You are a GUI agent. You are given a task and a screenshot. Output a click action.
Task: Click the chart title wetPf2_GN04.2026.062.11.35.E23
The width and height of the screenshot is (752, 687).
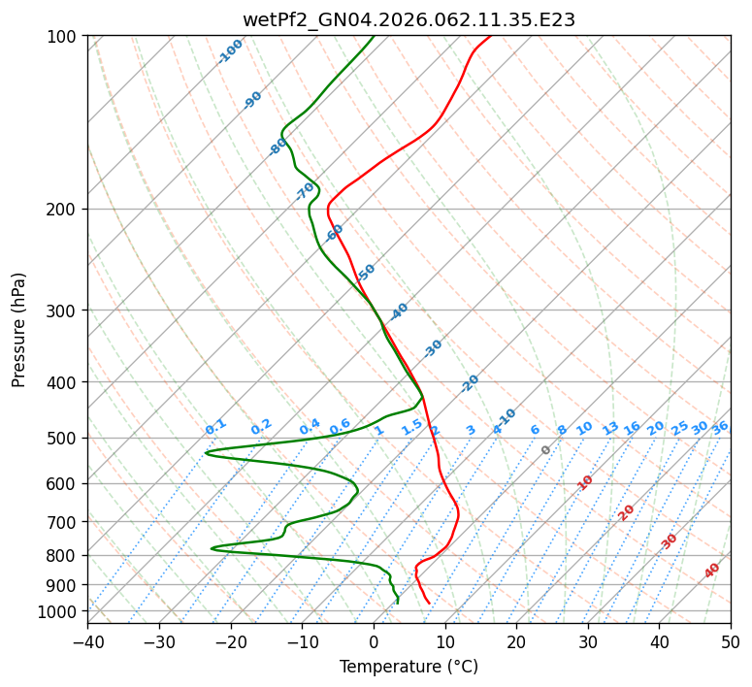(409, 18)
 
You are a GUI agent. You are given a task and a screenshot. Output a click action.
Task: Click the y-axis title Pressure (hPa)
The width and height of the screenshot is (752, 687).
(18, 329)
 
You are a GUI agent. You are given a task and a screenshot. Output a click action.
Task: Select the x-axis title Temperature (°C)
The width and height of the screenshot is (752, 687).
(409, 667)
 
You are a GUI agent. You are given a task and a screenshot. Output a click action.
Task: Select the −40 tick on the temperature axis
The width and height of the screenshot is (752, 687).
(87, 641)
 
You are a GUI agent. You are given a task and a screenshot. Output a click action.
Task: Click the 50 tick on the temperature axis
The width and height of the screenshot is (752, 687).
(731, 641)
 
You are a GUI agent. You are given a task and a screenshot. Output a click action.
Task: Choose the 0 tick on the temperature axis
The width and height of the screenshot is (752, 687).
(374, 641)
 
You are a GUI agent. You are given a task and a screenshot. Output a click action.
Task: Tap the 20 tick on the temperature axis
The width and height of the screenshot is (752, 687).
(516, 641)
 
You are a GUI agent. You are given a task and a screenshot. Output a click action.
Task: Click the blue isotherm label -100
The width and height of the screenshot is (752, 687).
(231, 50)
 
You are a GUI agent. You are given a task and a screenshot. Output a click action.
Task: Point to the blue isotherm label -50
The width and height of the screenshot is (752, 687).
(366, 273)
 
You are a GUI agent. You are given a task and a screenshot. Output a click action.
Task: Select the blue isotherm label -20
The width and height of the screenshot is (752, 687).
(470, 383)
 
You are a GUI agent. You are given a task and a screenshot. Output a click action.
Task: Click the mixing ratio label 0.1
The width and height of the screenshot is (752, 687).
(215, 427)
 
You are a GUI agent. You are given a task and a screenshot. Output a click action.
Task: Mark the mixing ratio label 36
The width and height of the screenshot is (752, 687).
(720, 427)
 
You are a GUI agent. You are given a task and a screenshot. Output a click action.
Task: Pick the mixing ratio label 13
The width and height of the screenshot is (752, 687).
(610, 428)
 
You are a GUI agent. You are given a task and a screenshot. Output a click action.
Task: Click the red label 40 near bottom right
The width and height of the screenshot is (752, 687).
(712, 571)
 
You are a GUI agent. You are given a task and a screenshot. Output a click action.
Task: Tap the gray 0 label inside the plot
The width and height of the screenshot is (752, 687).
(546, 450)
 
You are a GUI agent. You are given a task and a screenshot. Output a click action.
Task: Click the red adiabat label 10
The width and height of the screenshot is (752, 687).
(585, 482)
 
